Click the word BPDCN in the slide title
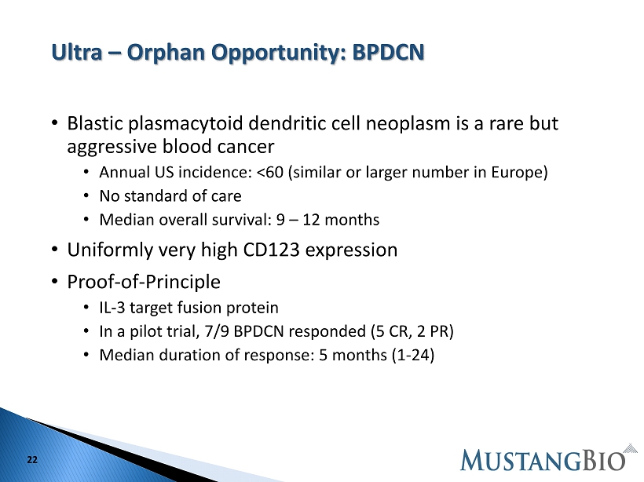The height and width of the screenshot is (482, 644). [388, 52]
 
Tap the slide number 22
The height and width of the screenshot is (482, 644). [32, 460]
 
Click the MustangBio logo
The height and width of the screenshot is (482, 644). [549, 458]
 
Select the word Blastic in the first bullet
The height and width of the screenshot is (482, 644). [95, 123]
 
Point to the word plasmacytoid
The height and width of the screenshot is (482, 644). [185, 124]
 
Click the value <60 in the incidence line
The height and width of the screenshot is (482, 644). [270, 173]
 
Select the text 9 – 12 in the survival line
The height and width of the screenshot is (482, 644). [298, 220]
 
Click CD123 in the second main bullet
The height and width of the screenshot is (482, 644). [271, 250]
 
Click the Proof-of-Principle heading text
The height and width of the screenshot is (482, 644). [144, 282]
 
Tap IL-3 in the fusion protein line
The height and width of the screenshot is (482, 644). [112, 308]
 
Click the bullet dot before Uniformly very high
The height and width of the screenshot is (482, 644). [55, 249]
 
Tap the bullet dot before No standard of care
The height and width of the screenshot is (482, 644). [86, 195]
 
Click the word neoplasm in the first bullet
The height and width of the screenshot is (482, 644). [408, 124]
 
